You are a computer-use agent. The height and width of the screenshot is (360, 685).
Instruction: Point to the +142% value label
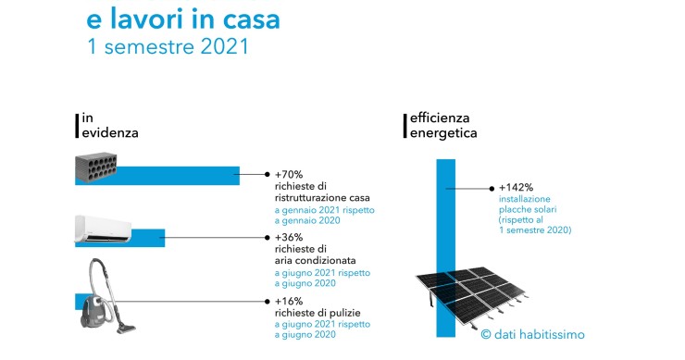pos(516,186)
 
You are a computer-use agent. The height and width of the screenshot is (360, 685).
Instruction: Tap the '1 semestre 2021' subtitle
pos(167,45)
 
